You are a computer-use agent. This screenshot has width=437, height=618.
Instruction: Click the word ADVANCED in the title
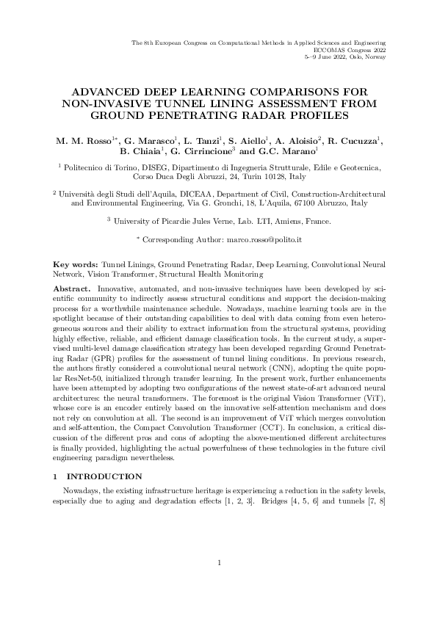click(106, 92)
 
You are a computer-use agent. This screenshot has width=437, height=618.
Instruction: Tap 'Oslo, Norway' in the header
click(366, 57)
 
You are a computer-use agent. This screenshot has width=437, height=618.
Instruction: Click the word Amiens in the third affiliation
click(283, 219)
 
